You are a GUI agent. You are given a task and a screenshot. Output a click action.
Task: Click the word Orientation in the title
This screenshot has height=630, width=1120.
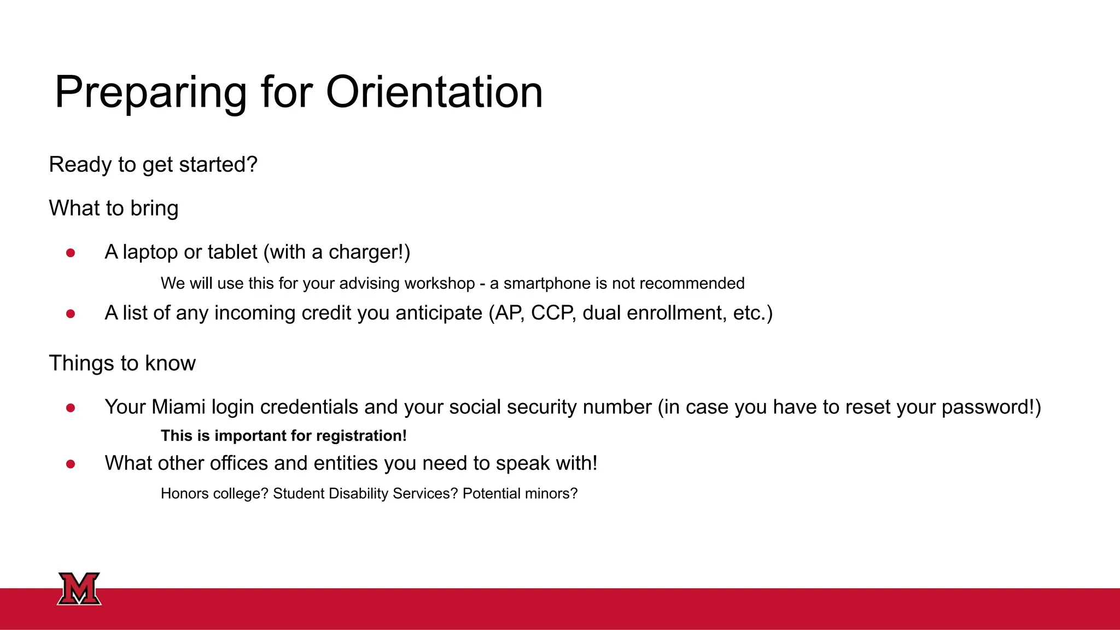[434, 92]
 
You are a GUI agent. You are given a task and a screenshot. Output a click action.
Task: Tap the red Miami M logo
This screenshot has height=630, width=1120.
[79, 588]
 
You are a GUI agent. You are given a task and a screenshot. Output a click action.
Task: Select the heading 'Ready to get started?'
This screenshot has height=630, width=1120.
[153, 165]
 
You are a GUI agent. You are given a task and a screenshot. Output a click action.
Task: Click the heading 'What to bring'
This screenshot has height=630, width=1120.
[114, 208]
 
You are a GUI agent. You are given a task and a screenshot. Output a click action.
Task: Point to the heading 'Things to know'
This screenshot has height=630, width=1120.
[122, 363]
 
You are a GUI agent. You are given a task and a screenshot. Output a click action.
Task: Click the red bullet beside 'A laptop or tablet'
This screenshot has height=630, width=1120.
[71, 253]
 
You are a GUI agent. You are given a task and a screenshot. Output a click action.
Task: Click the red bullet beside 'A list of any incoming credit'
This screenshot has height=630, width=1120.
[71, 314]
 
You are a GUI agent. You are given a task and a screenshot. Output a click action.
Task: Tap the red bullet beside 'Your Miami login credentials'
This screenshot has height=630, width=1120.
[71, 408]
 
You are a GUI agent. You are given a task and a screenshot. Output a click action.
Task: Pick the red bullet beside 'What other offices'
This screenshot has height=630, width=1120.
[71, 464]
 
